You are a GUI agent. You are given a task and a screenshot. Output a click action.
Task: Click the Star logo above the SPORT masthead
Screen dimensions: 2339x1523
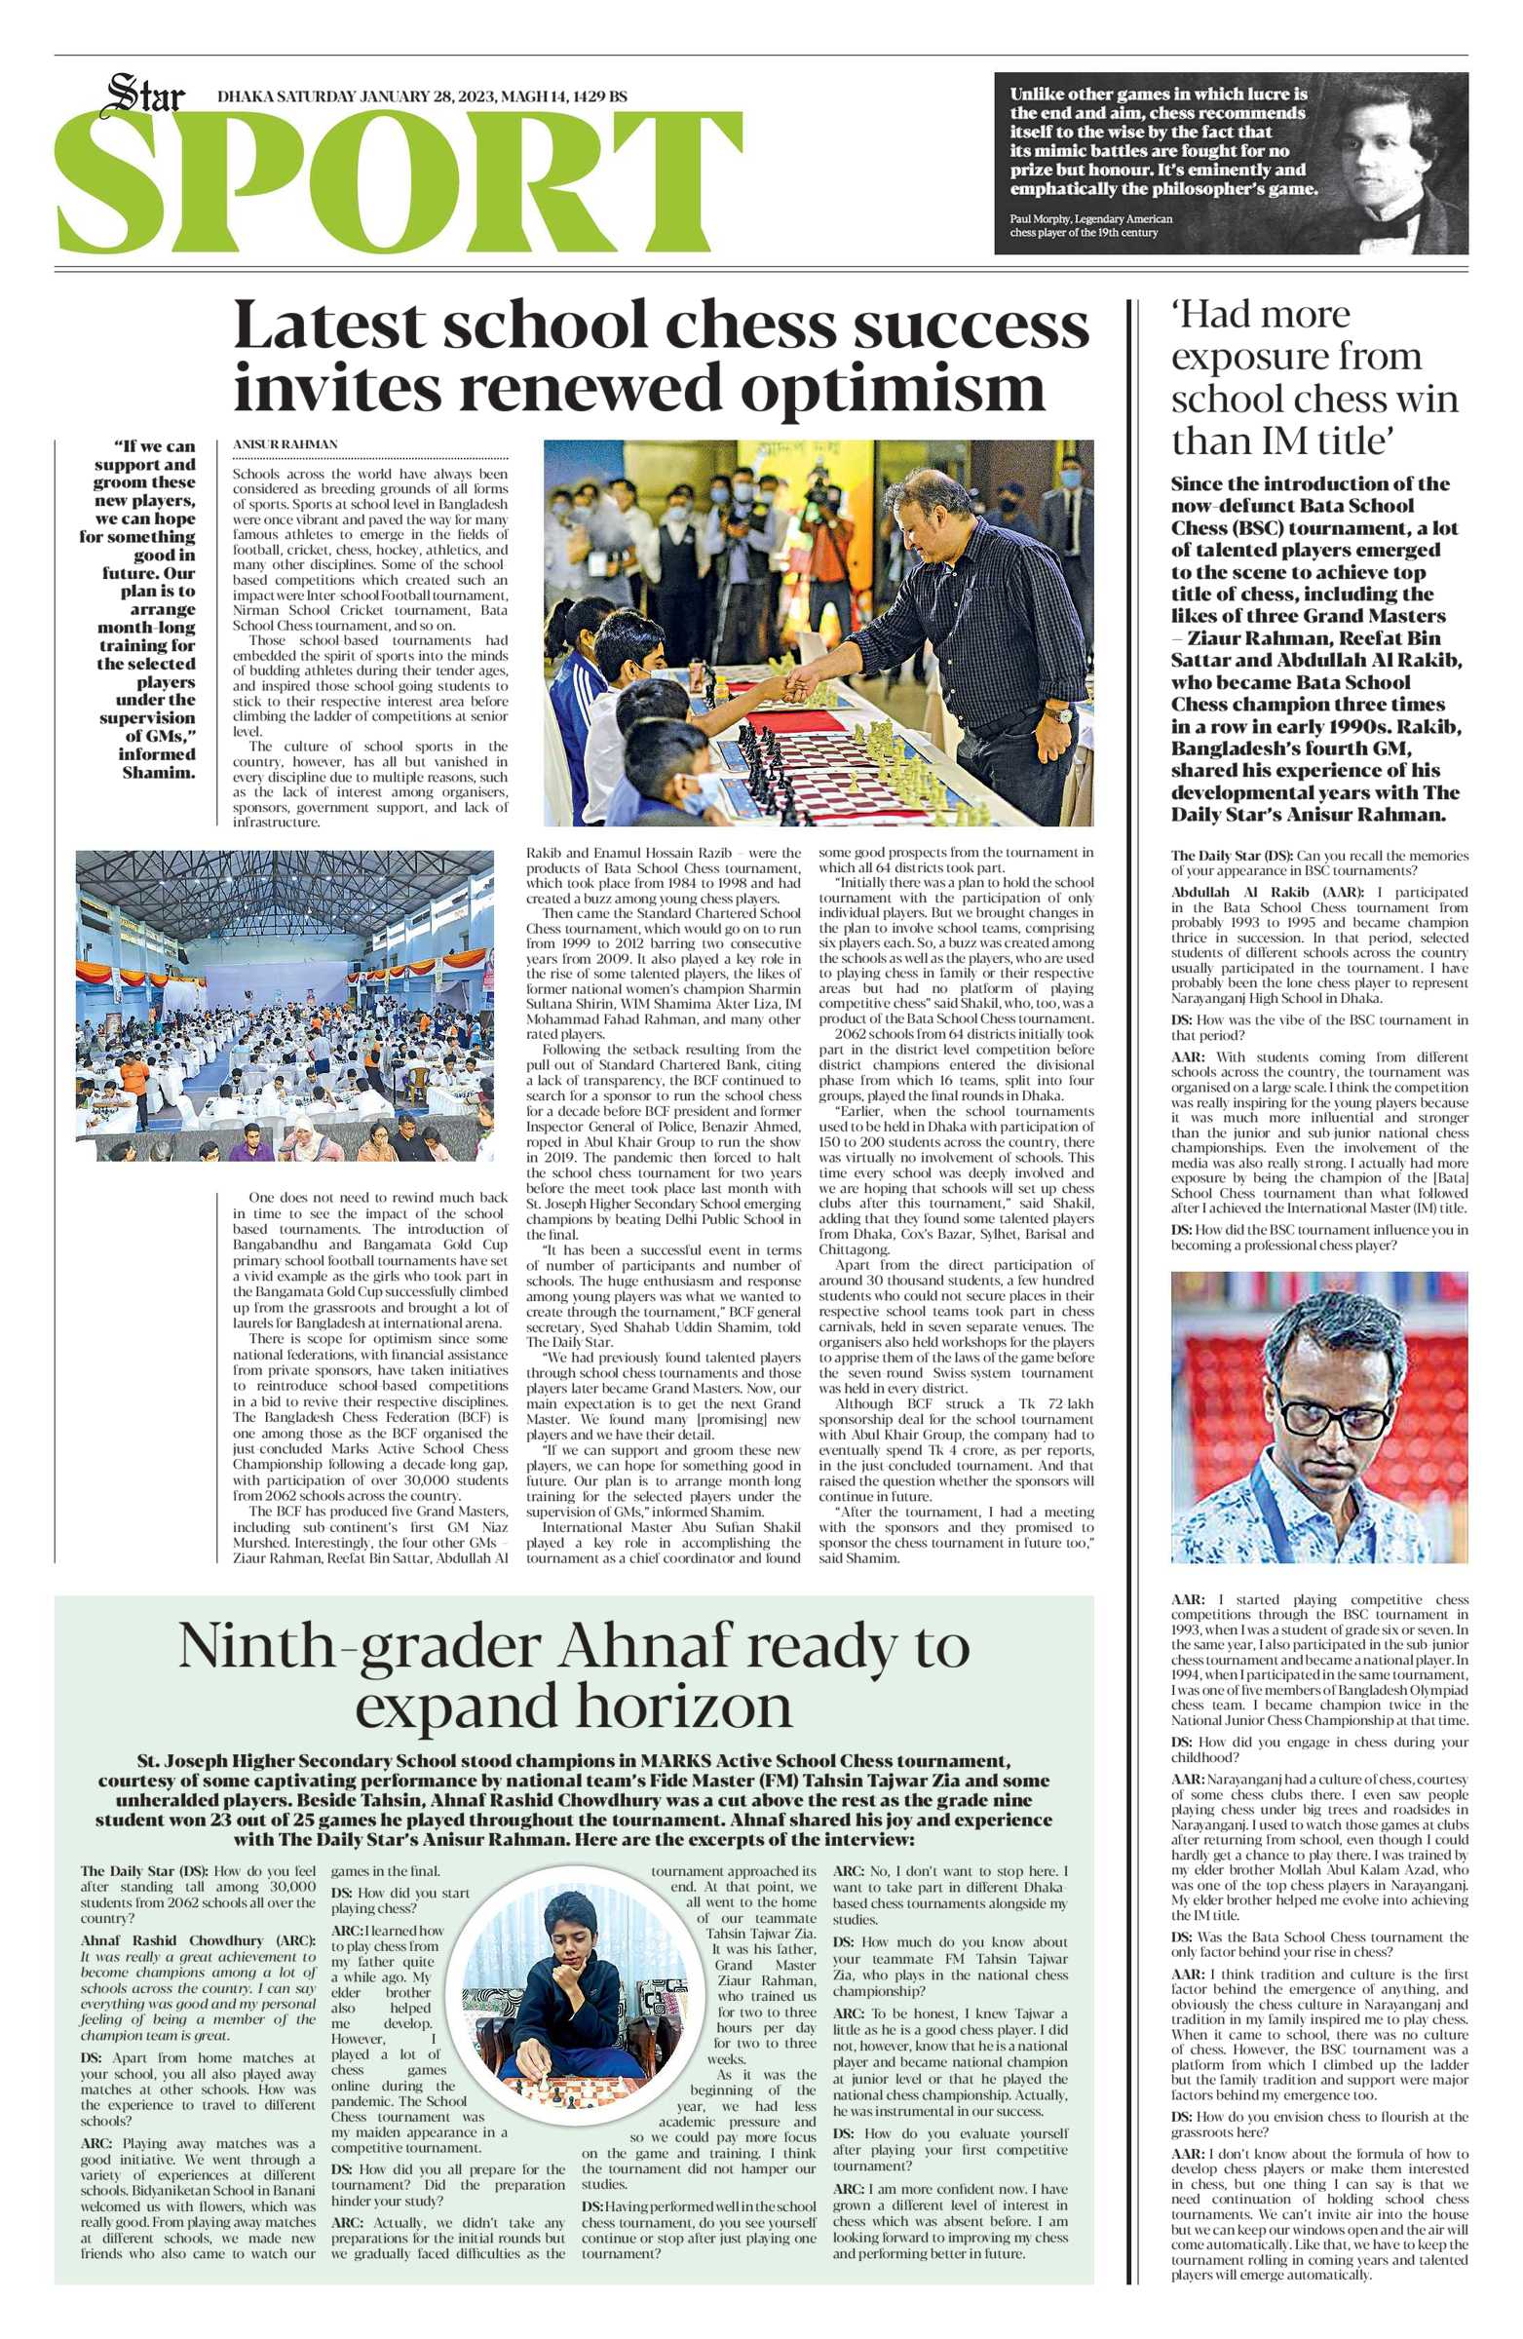[145, 96]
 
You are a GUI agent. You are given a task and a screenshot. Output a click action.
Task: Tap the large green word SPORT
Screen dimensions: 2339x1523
[398, 185]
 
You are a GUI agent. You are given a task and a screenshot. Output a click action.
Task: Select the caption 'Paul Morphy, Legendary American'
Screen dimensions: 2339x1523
[1090, 218]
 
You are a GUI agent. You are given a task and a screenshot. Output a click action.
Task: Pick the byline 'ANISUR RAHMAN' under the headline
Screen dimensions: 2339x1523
[285, 444]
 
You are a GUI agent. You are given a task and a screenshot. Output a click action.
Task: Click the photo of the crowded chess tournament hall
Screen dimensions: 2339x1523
[285, 1006]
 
